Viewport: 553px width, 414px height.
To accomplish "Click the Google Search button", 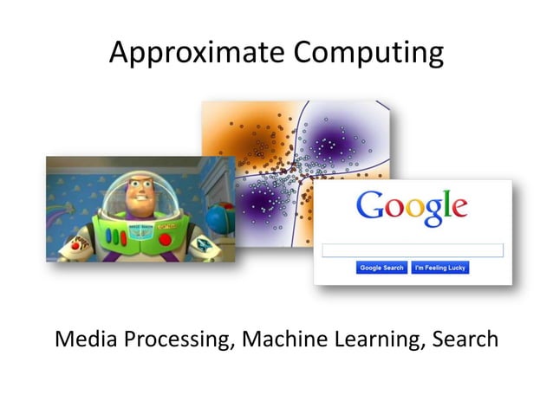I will coord(381,268).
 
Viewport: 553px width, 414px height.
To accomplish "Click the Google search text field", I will coord(413,250).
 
